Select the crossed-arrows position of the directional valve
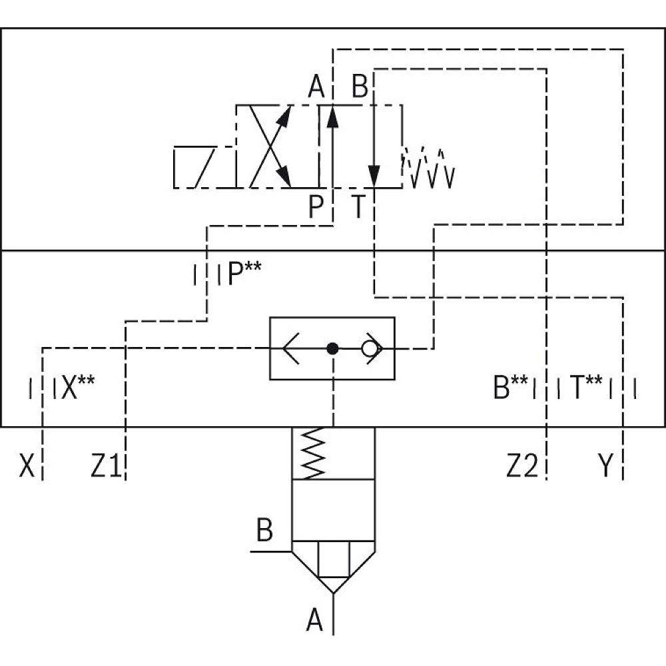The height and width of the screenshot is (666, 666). [x=272, y=147]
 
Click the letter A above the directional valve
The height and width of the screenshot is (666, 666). [x=316, y=87]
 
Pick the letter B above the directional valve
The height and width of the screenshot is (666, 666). [x=360, y=87]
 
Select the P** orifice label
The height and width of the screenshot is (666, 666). [x=244, y=274]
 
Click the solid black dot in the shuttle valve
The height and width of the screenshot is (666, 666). [x=333, y=348]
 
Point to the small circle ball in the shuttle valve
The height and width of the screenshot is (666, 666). [x=368, y=348]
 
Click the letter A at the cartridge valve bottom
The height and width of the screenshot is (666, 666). [x=314, y=622]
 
